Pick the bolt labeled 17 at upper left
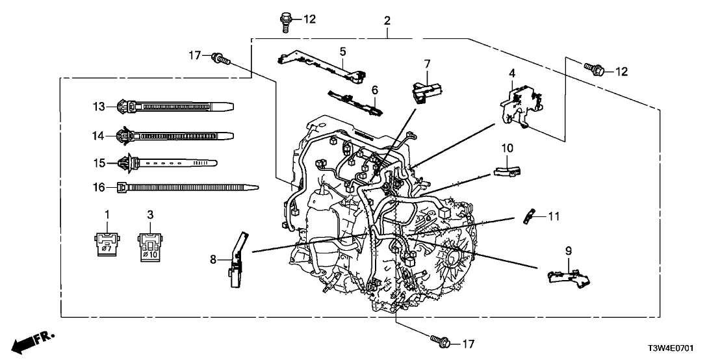pyautogui.click(x=219, y=59)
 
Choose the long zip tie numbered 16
pyautogui.click(x=188, y=187)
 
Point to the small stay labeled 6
pyautogui.click(x=354, y=103)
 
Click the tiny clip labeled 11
pyautogui.click(x=530, y=214)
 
